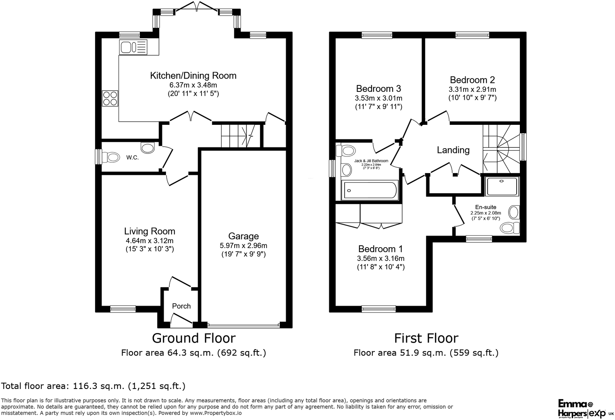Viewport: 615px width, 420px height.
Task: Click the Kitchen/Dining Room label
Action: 193,76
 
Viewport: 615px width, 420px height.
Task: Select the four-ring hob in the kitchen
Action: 110,98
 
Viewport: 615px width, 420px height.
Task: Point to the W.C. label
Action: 132,157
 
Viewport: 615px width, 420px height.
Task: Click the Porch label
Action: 181,306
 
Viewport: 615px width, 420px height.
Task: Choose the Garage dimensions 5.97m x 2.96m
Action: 243,246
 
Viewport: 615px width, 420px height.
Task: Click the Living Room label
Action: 150,231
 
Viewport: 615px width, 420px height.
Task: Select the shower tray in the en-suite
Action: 502,186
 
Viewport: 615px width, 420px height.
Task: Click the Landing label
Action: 453,150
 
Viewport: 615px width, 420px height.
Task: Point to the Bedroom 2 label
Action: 472,80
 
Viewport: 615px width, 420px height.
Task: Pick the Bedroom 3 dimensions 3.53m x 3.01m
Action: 378,98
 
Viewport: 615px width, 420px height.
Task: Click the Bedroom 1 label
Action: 380,249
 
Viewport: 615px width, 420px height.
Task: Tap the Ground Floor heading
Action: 193,338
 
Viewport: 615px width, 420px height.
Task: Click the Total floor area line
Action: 93,386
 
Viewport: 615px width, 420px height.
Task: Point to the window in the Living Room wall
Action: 123,309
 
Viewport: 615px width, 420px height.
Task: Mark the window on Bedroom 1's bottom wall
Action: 378,309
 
